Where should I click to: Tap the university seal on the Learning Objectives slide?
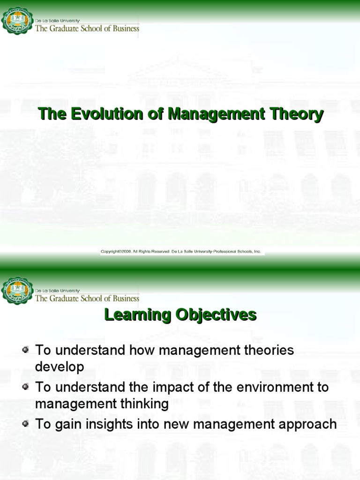[x=17, y=290]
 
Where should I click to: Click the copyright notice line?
[x=181, y=252]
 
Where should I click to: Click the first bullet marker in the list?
[x=26, y=350]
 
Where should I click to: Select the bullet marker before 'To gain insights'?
[x=26, y=424]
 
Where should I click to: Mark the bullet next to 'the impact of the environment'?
[x=26, y=387]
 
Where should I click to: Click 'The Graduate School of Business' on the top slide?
[x=87, y=29]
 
